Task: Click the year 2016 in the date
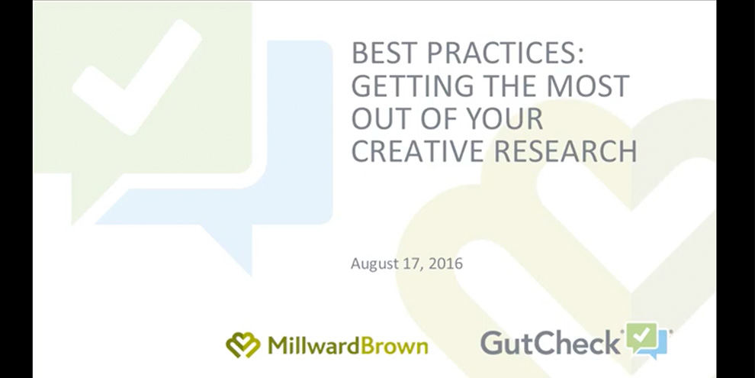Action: pos(445,263)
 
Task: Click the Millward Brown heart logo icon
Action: pos(243,344)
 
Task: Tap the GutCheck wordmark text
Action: pos(551,343)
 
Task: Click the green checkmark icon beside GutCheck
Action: pos(642,337)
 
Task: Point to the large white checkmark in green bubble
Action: pos(136,77)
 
